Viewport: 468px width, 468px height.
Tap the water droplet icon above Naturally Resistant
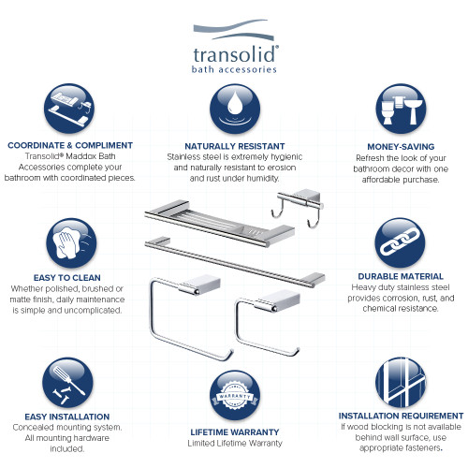point(234,109)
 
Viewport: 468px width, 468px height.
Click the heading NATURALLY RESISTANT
point(233,147)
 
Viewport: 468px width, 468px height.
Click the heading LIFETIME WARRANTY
point(233,431)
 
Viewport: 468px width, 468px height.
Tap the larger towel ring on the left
point(183,314)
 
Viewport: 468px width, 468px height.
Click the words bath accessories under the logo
point(233,69)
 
